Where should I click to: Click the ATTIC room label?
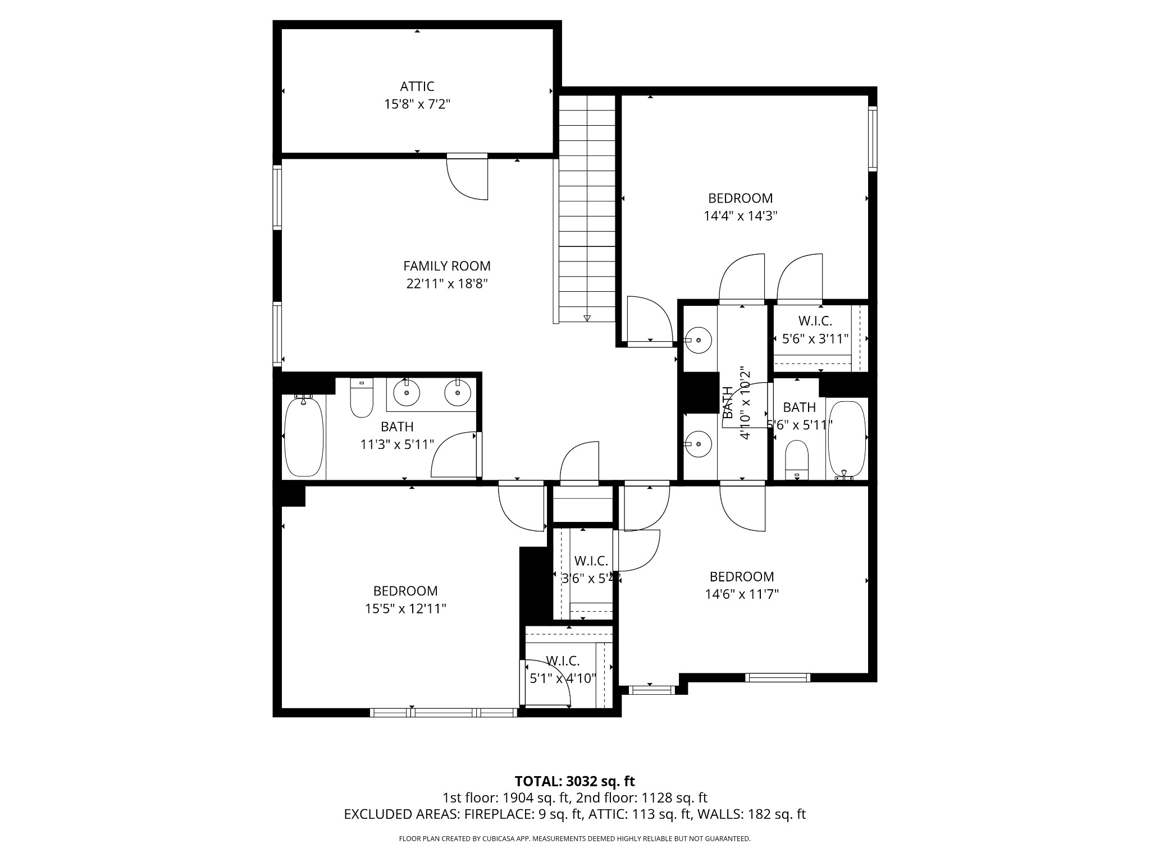pyautogui.click(x=417, y=86)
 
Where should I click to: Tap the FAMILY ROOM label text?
pyautogui.click(x=446, y=266)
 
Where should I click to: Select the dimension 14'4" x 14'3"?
pyautogui.click(x=740, y=216)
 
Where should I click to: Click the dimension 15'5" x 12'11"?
pyautogui.click(x=405, y=609)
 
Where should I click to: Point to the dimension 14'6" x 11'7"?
pyautogui.click(x=741, y=594)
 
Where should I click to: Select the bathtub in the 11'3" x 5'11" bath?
pyautogui.click(x=304, y=437)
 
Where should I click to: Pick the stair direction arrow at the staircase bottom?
pyautogui.click(x=587, y=318)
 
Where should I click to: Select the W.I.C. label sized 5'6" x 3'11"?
pyautogui.click(x=815, y=321)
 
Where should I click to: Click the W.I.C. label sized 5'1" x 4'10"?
pyautogui.click(x=562, y=661)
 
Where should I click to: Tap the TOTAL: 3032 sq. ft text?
pyautogui.click(x=574, y=781)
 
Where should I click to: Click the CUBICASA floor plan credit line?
pyautogui.click(x=574, y=839)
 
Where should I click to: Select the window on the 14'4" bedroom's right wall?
pyautogui.click(x=872, y=138)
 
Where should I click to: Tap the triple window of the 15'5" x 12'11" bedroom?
pyautogui.click(x=444, y=713)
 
